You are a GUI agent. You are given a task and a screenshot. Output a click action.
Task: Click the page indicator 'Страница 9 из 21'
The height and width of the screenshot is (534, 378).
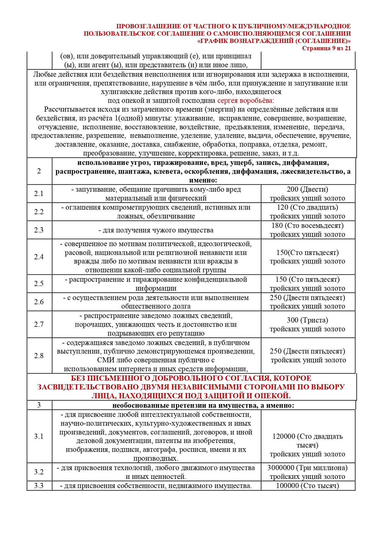pyautogui.click(x=326, y=48)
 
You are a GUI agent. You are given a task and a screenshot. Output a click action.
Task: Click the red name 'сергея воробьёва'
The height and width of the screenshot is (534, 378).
pyautogui.click(x=245, y=100)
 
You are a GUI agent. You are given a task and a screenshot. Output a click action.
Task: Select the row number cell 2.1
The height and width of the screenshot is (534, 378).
pyautogui.click(x=39, y=194)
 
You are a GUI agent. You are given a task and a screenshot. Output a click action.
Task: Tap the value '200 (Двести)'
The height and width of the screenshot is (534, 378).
pyautogui.click(x=307, y=189)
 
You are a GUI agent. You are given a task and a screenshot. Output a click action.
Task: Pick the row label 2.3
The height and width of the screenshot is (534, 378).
pyautogui.click(x=39, y=230)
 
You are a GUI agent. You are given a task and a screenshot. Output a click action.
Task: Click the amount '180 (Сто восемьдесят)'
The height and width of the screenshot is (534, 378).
pyautogui.click(x=307, y=225)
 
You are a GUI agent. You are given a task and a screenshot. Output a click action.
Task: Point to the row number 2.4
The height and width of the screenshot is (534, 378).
pyautogui.click(x=39, y=257)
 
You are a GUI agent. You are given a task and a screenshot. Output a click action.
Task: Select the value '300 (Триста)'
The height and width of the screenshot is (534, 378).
pyautogui.click(x=307, y=320)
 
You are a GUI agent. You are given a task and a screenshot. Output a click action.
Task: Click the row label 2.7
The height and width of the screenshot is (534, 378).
pyautogui.click(x=39, y=324)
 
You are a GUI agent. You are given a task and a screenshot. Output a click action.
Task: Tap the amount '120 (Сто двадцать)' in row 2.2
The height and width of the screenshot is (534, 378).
pyautogui.click(x=307, y=207)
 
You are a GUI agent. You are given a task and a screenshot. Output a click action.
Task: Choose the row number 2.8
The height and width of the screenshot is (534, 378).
pyautogui.click(x=39, y=356)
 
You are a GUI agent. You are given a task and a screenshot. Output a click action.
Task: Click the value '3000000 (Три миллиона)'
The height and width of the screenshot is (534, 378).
pyautogui.click(x=307, y=468)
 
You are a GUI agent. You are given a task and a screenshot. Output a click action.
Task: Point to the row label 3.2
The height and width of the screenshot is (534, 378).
pyautogui.click(x=39, y=472)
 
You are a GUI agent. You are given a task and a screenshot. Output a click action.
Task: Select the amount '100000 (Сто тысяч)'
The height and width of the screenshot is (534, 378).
pyautogui.click(x=307, y=486)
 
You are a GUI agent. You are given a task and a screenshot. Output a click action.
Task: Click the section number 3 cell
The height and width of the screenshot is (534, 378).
pyautogui.click(x=39, y=405)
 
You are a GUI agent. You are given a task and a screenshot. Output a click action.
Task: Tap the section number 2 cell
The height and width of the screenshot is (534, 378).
pyautogui.click(x=39, y=171)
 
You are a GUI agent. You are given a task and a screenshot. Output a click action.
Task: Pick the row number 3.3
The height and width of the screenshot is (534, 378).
pyautogui.click(x=39, y=486)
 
